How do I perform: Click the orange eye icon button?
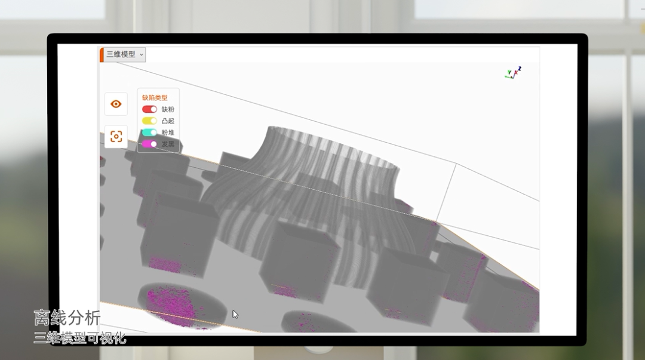116,104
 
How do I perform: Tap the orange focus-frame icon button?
116,136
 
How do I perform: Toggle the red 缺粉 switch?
149,109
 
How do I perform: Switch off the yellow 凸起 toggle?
149,121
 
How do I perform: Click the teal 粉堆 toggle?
149,133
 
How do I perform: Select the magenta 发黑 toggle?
149,144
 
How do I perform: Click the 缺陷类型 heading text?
155,98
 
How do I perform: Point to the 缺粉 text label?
168,109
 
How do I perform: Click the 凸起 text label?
168,121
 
